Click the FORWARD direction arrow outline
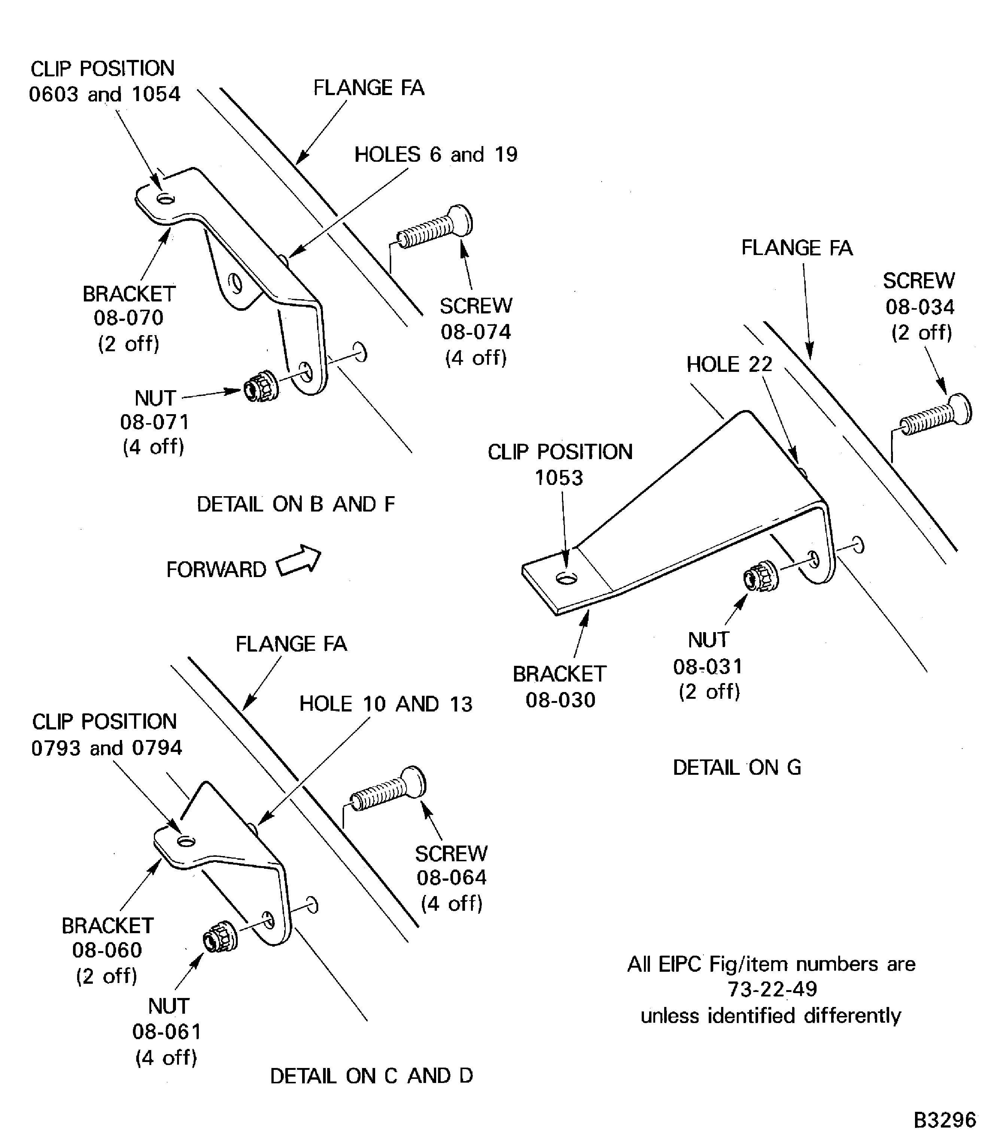(x=299, y=561)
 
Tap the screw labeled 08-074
(x=435, y=229)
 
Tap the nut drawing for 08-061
(x=220, y=940)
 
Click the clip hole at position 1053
(x=566, y=579)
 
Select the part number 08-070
(x=128, y=318)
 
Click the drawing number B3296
(x=945, y=1120)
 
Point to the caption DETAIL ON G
(x=737, y=767)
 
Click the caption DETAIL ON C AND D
(x=371, y=1076)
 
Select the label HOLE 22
(x=729, y=364)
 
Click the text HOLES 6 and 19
(x=436, y=154)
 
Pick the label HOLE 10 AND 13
(x=386, y=704)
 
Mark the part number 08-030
(x=560, y=700)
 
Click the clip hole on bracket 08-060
(x=186, y=841)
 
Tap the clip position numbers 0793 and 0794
(x=106, y=747)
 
